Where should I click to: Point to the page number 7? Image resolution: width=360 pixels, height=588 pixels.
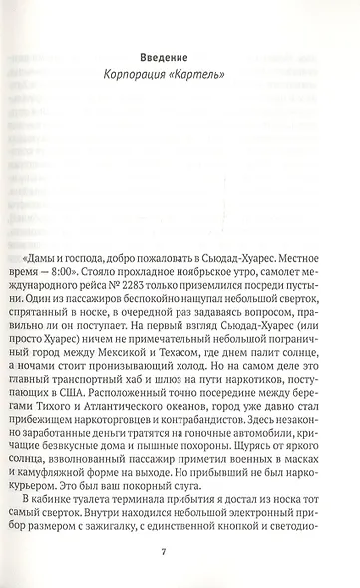coord(180,554)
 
